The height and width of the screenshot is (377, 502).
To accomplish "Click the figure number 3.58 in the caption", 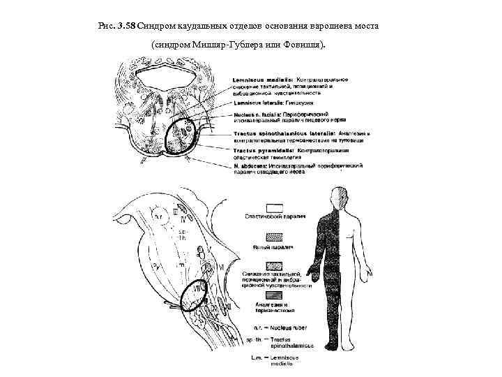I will tap(125, 27).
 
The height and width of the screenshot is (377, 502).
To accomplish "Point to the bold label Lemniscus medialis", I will tap(257, 80).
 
